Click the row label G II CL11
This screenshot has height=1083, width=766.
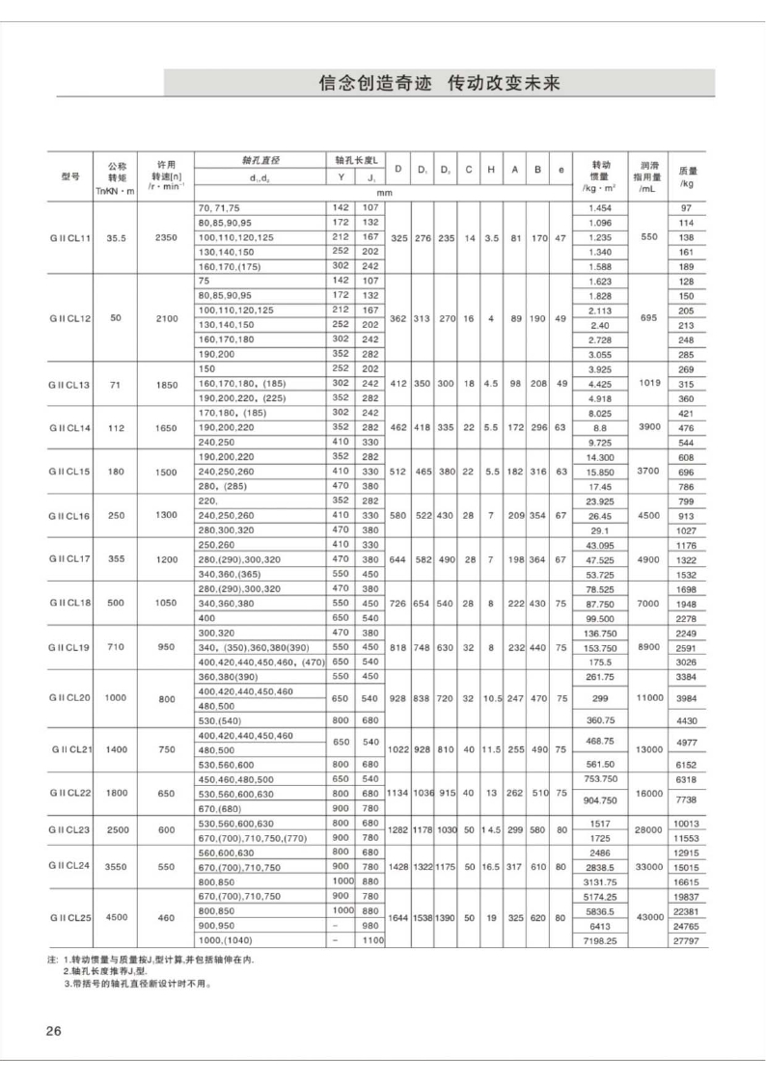[x=70, y=237]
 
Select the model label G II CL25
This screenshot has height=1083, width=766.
[x=70, y=917]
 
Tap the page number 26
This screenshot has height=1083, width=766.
[x=53, y=1032]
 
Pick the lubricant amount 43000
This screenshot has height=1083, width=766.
[x=647, y=917]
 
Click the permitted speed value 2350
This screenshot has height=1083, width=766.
[x=165, y=237]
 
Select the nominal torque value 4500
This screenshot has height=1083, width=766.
[x=117, y=917]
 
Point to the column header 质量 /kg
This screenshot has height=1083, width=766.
[x=687, y=176]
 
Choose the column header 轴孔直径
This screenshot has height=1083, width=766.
[x=260, y=160]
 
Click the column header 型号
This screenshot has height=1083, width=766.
[x=70, y=176]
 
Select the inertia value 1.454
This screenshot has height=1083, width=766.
[x=599, y=208]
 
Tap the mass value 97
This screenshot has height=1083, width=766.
[x=687, y=208]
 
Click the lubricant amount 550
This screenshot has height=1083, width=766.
[x=647, y=237]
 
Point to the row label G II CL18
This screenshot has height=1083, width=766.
[x=70, y=603]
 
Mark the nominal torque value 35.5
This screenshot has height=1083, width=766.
[x=117, y=237]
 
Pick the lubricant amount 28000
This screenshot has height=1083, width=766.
[x=647, y=829]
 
